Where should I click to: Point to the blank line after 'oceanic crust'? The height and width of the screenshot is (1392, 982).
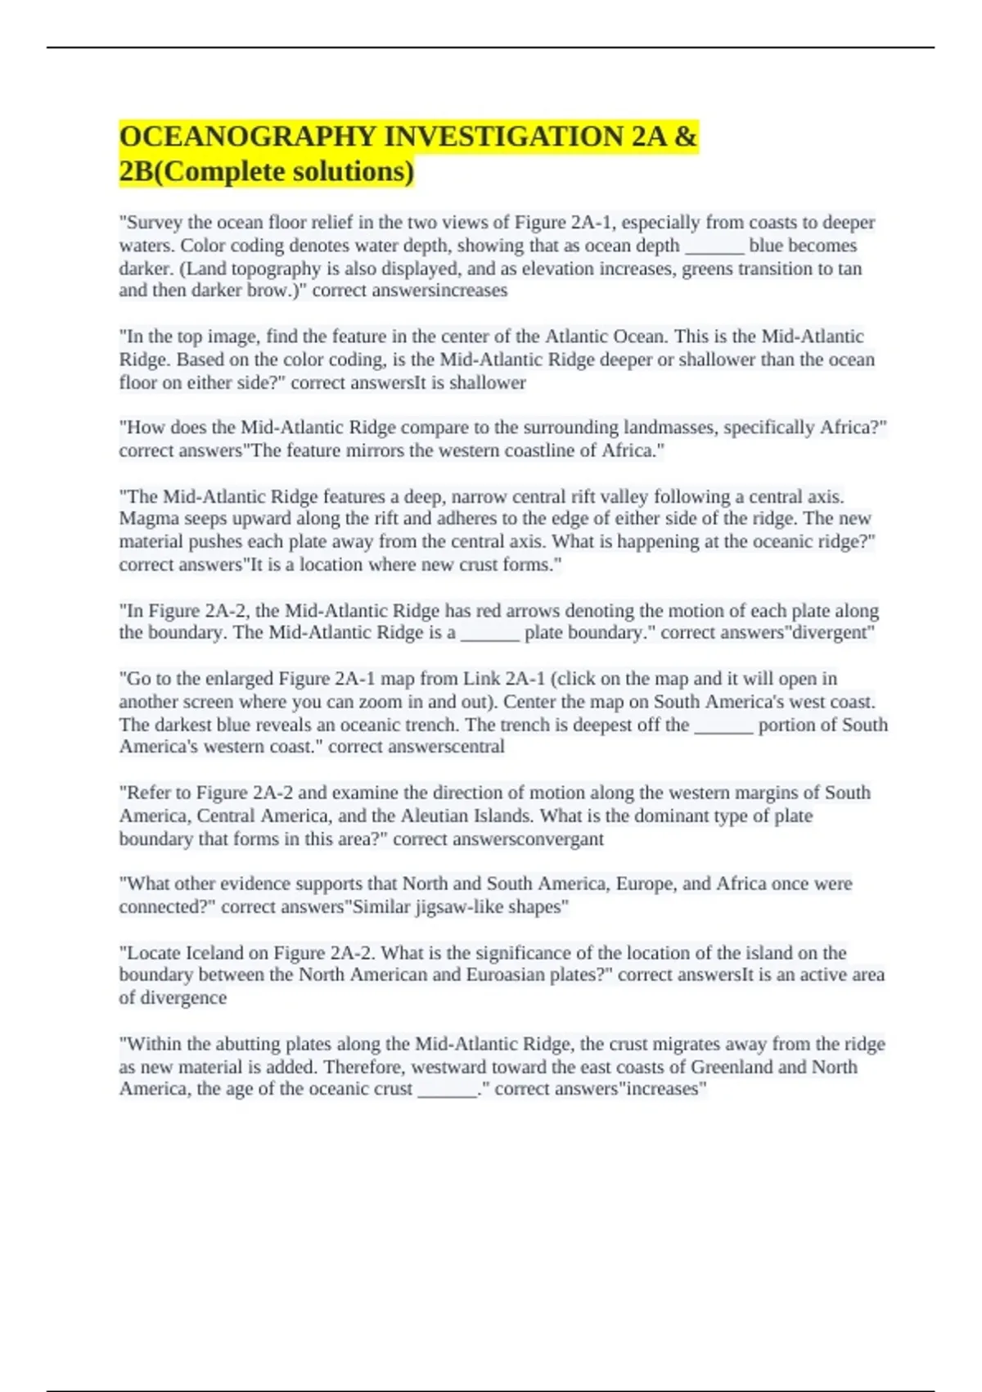[x=447, y=1090]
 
